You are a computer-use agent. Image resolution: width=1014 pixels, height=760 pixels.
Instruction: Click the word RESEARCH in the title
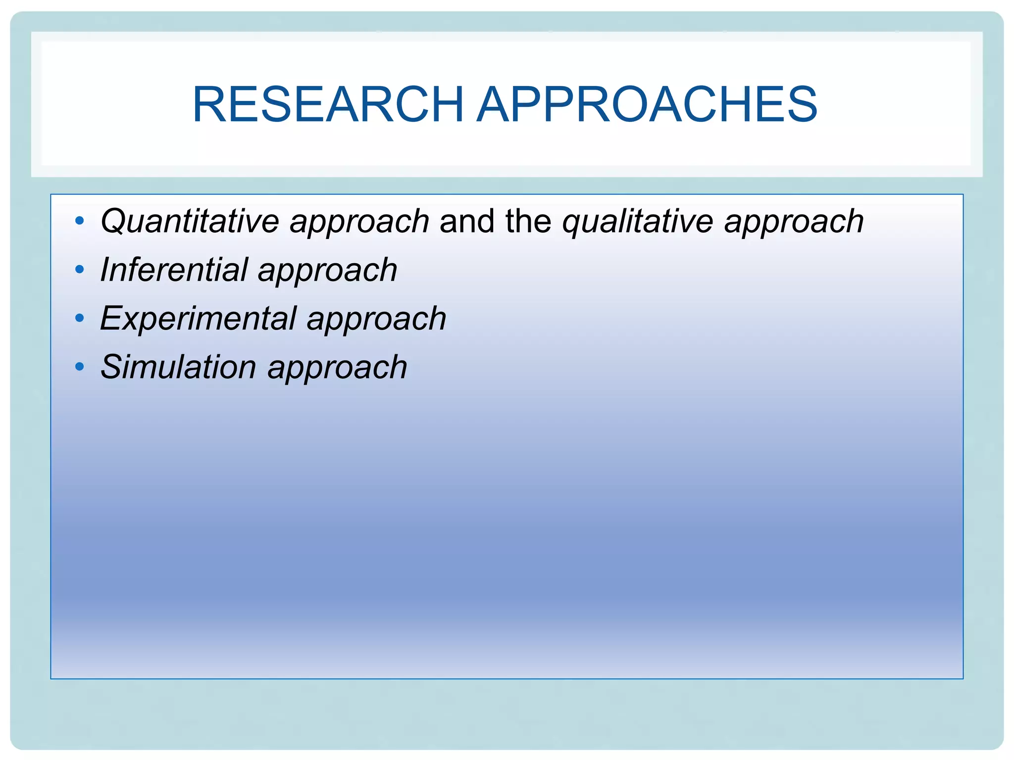point(328,105)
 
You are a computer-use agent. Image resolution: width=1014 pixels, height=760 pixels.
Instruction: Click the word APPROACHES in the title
point(647,105)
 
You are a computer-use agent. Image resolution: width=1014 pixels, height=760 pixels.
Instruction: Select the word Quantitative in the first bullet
point(190,221)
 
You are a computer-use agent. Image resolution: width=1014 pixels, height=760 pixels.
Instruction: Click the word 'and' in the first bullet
point(466,221)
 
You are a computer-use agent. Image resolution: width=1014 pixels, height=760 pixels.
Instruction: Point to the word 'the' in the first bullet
point(528,221)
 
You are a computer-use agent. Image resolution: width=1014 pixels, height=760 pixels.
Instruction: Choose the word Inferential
point(173,270)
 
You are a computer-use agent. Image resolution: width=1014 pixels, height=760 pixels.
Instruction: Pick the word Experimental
point(198,318)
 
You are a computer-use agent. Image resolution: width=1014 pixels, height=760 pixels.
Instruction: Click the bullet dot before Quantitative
point(80,221)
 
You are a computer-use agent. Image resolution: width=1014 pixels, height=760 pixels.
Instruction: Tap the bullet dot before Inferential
point(80,270)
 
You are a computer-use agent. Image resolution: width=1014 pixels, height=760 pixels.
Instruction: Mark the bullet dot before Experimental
point(80,318)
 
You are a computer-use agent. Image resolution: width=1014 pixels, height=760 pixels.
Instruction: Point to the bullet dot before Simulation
point(80,367)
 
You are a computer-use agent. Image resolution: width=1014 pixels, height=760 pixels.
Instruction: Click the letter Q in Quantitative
point(112,221)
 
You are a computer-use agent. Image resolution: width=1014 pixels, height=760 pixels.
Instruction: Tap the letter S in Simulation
point(111,367)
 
